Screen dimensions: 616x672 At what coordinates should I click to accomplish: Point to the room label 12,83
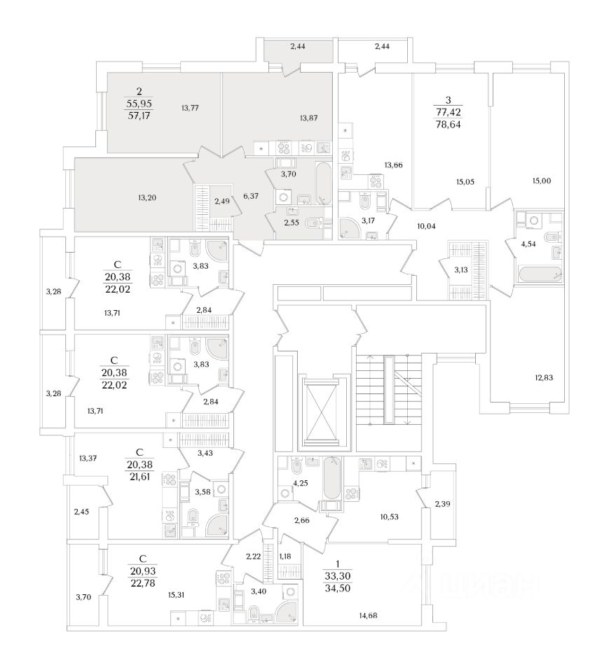(542, 377)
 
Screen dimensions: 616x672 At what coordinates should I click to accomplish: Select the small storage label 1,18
(285, 556)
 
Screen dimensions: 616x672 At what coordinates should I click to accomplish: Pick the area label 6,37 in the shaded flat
(250, 197)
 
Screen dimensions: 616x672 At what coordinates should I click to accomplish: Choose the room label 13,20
(146, 198)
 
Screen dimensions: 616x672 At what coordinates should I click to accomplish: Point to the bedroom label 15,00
(542, 181)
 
